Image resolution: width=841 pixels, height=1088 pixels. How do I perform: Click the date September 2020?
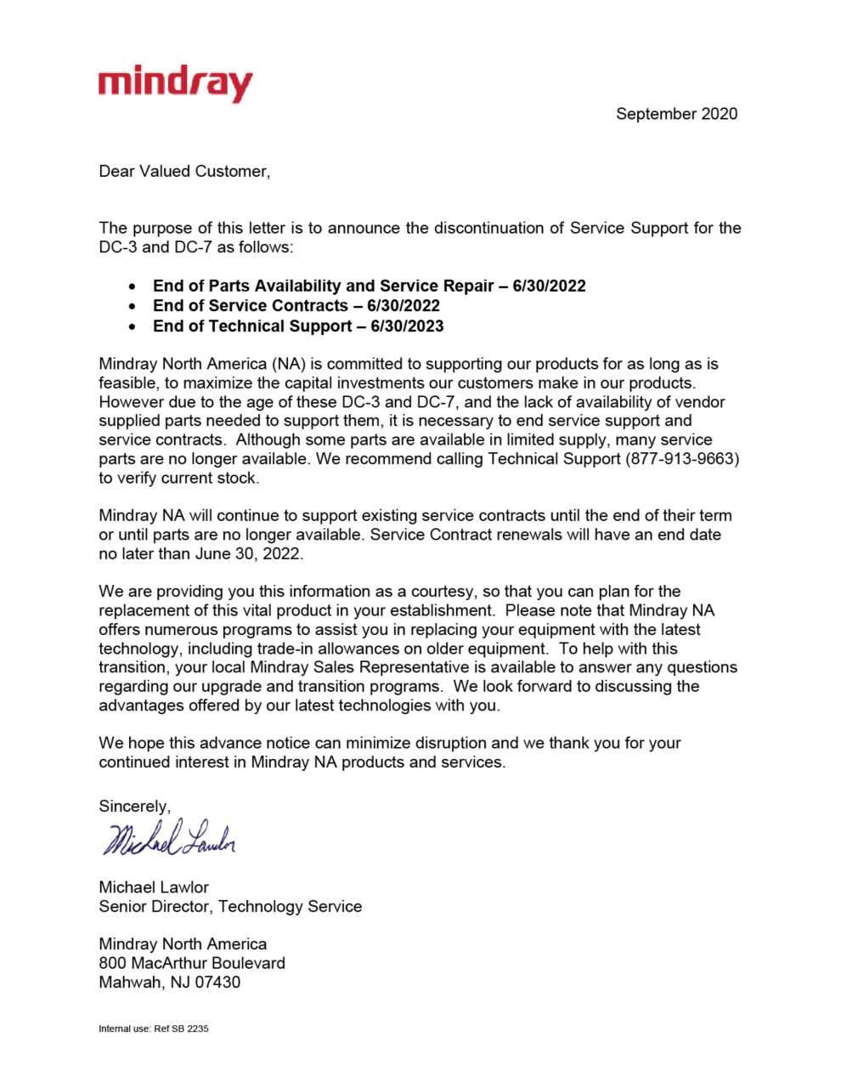(676, 114)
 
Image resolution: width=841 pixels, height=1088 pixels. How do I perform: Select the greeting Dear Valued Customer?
(183, 172)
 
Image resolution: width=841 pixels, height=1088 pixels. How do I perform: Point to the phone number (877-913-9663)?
(682, 459)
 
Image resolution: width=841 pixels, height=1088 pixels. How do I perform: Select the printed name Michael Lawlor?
(154, 887)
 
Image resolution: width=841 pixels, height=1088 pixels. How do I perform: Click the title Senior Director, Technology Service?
(230, 907)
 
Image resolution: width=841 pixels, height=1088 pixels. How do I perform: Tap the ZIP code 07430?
(217, 983)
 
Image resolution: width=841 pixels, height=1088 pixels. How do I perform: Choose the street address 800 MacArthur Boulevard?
(192, 963)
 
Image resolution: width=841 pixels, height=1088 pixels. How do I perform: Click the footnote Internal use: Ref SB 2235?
(154, 1028)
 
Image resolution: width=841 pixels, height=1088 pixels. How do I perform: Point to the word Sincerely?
(134, 807)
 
